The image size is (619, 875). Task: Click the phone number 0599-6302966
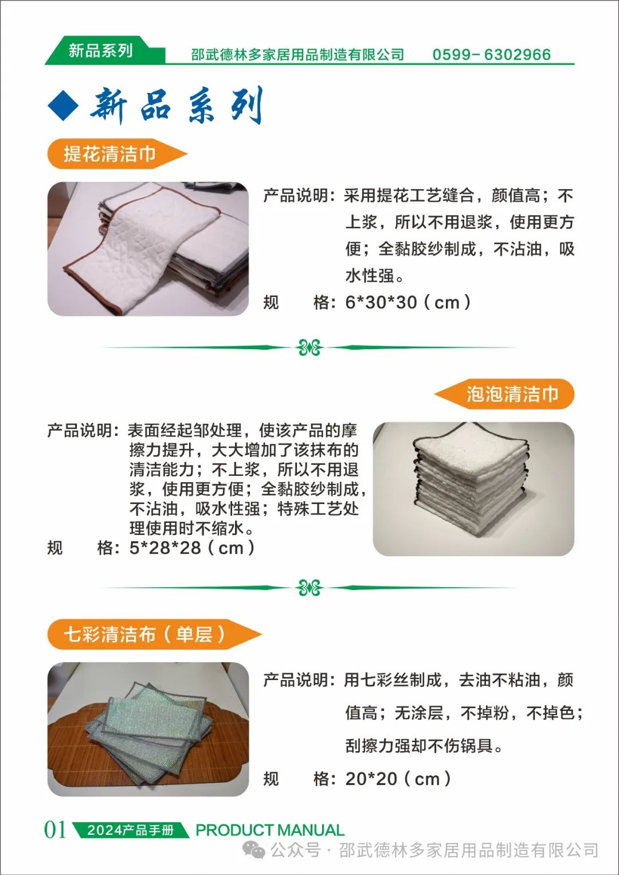tap(491, 54)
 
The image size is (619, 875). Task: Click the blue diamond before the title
tap(63, 105)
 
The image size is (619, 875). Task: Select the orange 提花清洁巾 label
tap(117, 154)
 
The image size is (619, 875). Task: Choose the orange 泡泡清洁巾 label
tap(504, 394)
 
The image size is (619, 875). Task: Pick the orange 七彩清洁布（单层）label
tap(154, 634)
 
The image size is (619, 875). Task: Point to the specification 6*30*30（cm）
tap(408, 302)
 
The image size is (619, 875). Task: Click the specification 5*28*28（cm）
tap(192, 548)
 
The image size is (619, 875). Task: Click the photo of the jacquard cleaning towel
tap(148, 249)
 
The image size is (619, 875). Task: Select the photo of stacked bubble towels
tap(473, 489)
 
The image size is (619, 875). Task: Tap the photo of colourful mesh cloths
tap(148, 729)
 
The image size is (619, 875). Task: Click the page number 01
tap(55, 829)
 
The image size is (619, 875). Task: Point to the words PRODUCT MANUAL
tap(270, 830)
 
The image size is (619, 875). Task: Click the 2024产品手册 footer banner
tap(131, 830)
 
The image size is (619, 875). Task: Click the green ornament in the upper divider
tap(309, 347)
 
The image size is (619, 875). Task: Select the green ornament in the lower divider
tap(309, 588)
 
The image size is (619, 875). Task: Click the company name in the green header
tap(297, 54)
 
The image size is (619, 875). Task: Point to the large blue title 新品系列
tap(177, 105)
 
